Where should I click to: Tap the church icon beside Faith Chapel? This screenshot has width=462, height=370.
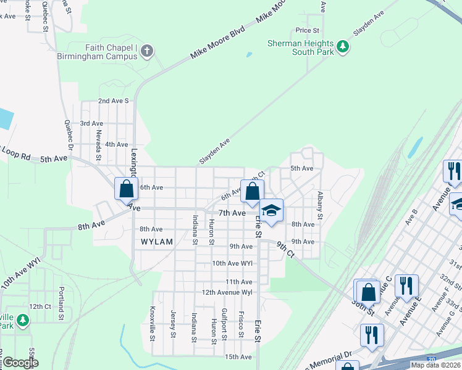pos(146,50)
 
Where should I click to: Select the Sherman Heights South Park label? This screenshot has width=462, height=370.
pos(301,47)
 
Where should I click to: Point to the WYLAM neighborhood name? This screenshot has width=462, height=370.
pos(157,242)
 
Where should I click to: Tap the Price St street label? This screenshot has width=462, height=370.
pos(307,30)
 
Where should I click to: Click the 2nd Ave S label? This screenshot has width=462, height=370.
pos(113,101)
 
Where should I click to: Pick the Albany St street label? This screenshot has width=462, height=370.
pos(320,205)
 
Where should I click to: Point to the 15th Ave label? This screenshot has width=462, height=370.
pos(238,356)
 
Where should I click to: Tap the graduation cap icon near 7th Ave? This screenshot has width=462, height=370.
pos(271,211)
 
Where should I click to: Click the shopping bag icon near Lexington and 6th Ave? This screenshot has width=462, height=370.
pos(126,188)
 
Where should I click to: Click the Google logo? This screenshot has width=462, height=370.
pos(20,363)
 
